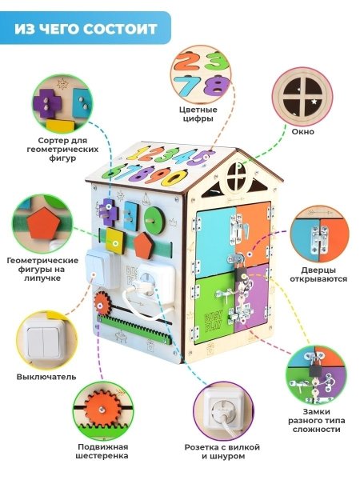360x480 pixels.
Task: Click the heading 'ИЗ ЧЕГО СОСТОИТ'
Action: coord(86,30)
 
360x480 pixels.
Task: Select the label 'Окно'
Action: coord(302,130)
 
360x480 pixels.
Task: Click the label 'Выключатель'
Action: coord(46,375)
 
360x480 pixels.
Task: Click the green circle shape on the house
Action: coord(156,219)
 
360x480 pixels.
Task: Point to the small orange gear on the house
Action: coord(102,305)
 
